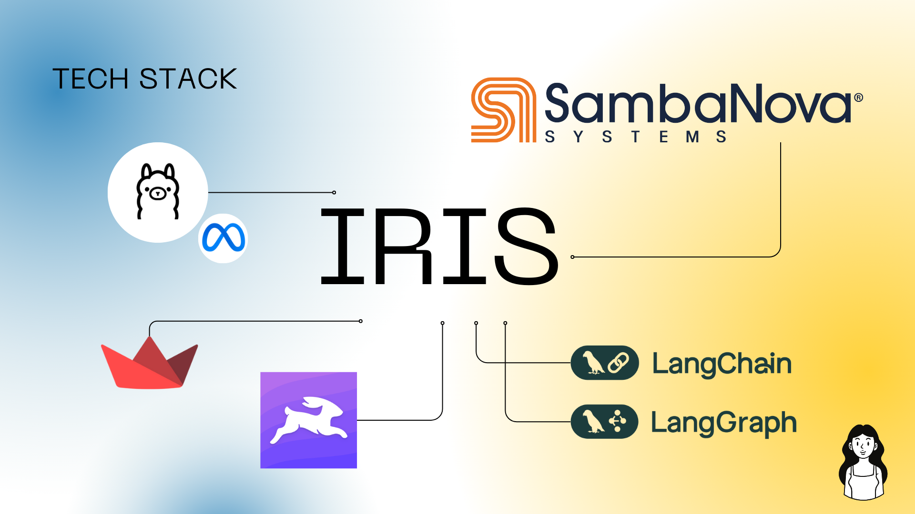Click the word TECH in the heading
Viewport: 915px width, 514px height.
click(x=91, y=79)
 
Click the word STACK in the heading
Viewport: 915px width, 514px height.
click(x=188, y=79)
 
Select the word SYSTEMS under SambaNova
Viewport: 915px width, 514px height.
click(x=636, y=137)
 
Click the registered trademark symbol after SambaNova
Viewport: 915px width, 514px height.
click(x=858, y=98)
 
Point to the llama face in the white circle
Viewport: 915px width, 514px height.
click(x=158, y=190)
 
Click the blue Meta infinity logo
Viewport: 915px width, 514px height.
click(x=224, y=238)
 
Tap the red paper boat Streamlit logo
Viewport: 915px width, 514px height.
click(x=150, y=364)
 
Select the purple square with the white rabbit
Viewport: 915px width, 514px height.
click(x=308, y=420)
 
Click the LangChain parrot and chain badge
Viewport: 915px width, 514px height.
click(x=605, y=363)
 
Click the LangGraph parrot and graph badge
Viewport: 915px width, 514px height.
click(x=605, y=422)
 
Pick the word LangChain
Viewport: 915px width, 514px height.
click(x=722, y=364)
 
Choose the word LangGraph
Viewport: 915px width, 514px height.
click(x=723, y=423)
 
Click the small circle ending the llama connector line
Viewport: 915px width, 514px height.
click(x=334, y=192)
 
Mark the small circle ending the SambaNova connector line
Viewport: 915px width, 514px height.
click(x=572, y=257)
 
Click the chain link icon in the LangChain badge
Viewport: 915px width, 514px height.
click(x=618, y=363)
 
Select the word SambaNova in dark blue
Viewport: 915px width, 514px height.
click(x=698, y=103)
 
